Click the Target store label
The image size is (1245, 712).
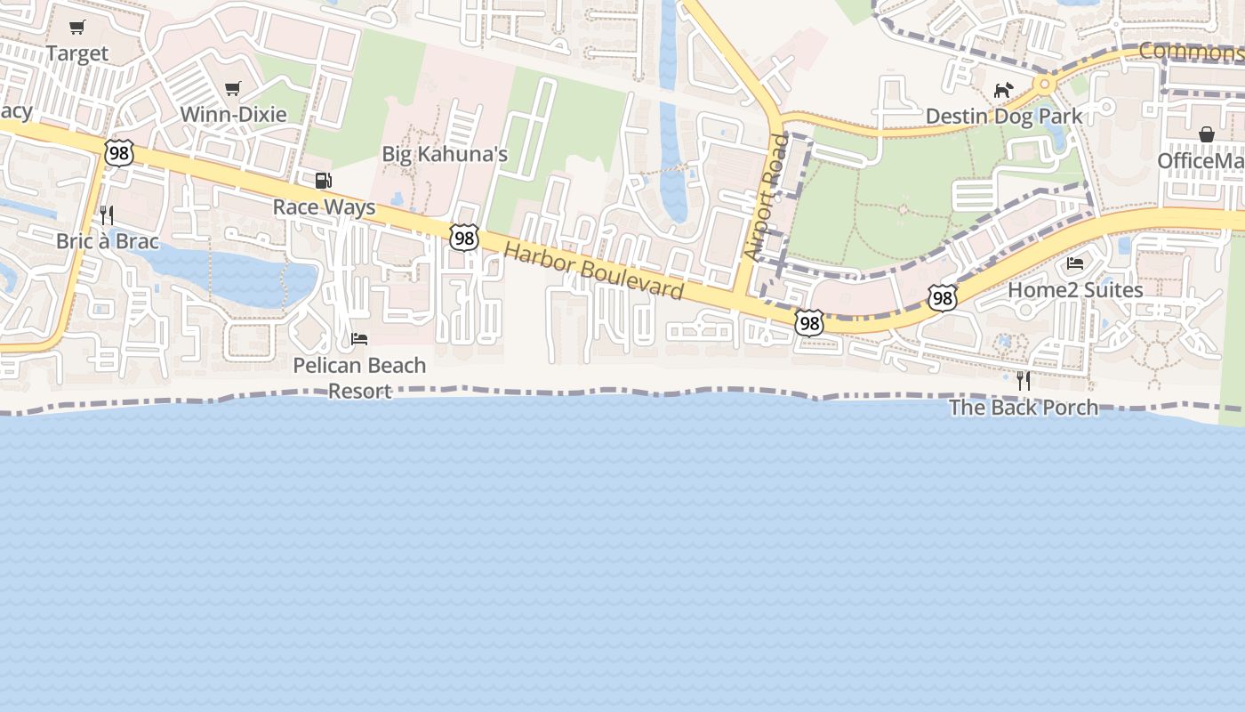77,53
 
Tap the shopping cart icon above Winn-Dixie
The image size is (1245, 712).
233,88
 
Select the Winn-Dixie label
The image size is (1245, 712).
233,114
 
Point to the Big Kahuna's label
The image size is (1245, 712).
445,154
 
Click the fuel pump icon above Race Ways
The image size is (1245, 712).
324,181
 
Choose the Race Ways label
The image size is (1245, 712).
324,207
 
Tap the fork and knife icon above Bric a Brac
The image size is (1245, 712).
107,214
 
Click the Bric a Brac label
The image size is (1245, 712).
107,241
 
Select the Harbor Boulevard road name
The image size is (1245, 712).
593,271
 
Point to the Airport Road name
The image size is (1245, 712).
767,197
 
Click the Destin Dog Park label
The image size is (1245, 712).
1004,116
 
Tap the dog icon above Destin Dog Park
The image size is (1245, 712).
1003,90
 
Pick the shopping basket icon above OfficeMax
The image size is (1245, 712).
1207,134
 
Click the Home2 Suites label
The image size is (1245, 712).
1075,290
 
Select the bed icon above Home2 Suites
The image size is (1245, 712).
1075,263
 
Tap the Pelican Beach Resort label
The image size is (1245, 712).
359,377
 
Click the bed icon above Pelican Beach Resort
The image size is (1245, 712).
359,339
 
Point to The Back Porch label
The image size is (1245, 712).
1023,408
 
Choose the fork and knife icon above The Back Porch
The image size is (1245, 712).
1024,381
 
